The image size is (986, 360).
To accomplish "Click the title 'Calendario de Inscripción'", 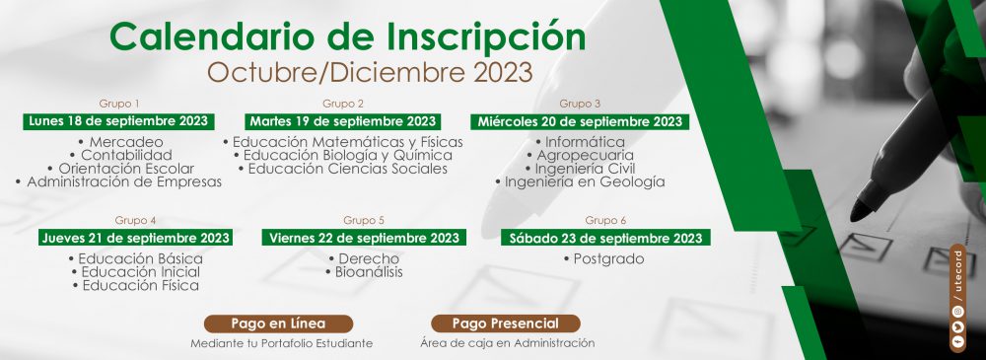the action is pyautogui.click(x=347, y=36).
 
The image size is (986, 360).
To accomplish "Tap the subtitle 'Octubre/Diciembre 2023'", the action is pyautogui.click(x=370, y=73).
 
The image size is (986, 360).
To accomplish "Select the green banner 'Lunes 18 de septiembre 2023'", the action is pyautogui.click(x=118, y=121).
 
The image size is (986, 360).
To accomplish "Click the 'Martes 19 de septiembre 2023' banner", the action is pyautogui.click(x=343, y=121).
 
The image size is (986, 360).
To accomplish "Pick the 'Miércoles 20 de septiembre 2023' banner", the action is pyautogui.click(x=579, y=121).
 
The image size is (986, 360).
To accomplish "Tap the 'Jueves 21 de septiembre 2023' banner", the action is pyautogui.click(x=135, y=238).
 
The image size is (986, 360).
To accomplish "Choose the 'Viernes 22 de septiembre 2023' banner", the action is pyautogui.click(x=364, y=238).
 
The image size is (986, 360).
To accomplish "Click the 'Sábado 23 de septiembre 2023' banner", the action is pyautogui.click(x=605, y=238).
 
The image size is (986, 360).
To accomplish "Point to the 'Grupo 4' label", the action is pyautogui.click(x=135, y=220).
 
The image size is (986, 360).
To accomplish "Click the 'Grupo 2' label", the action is pyautogui.click(x=343, y=104).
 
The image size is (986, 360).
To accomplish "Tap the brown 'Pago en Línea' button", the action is pyautogui.click(x=279, y=324).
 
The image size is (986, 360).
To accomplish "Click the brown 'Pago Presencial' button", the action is pyautogui.click(x=506, y=324).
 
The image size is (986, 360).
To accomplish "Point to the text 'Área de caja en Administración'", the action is pyautogui.click(x=508, y=343).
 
